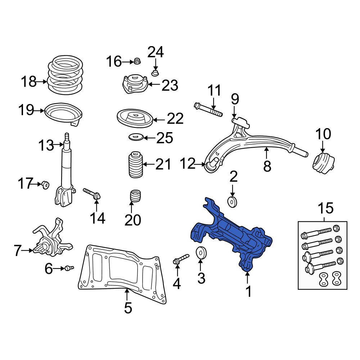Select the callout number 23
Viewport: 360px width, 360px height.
(170, 85)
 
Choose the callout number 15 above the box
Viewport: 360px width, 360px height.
(325, 208)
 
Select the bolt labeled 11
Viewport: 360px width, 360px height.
(208, 109)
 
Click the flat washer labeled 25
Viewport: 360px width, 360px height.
(136, 137)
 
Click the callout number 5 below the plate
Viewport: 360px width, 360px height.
(128, 308)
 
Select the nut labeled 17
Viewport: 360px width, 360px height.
(45, 184)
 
